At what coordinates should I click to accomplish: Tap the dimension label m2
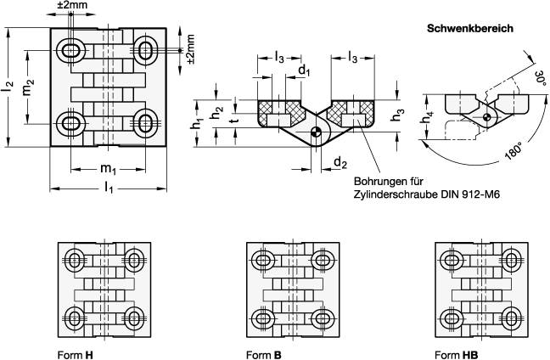click(x=30, y=87)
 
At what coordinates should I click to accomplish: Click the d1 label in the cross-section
click(x=304, y=70)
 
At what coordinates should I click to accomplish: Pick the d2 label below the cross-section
click(x=340, y=162)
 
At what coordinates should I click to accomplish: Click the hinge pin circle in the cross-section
click(x=317, y=132)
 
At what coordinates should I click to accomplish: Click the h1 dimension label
click(x=195, y=121)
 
